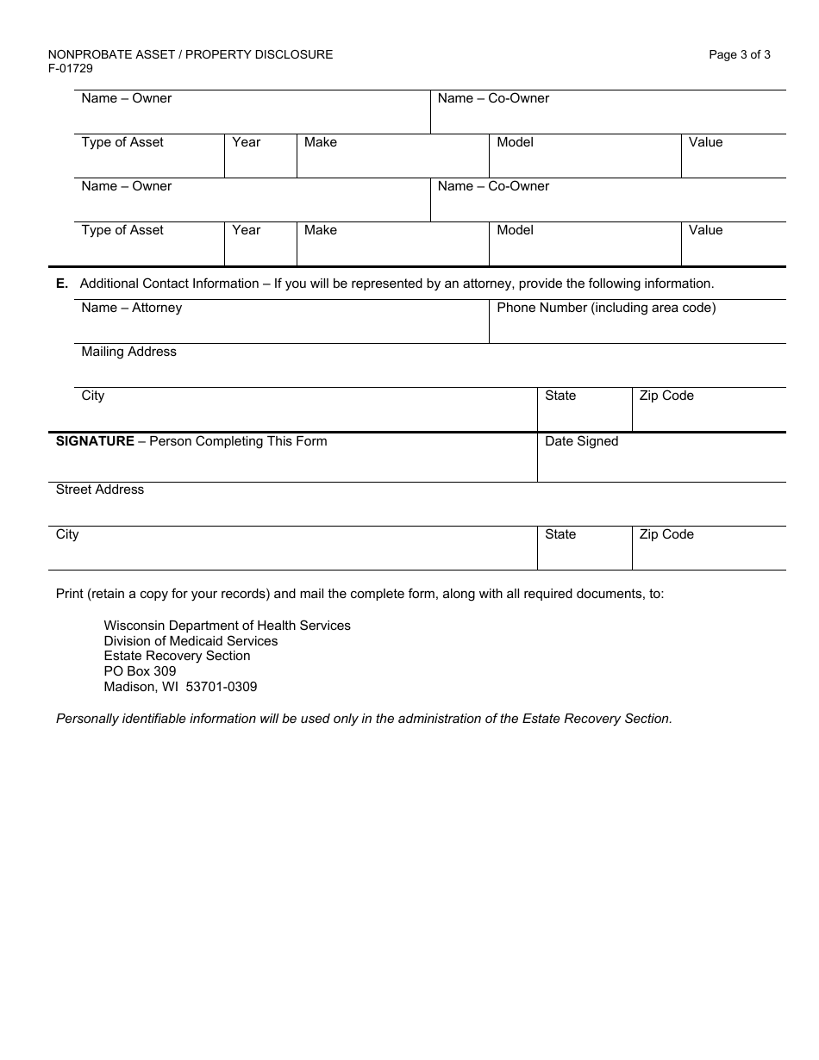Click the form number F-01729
[x=71, y=68]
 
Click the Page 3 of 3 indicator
[x=739, y=54]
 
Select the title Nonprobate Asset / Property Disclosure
[x=191, y=54]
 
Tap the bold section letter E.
[x=61, y=284]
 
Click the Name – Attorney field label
[x=131, y=308]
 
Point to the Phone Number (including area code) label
[x=606, y=308]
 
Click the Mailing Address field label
[x=128, y=352]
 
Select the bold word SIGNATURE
[x=95, y=441]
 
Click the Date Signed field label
[x=581, y=441]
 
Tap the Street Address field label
[x=100, y=489]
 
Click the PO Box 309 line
[x=140, y=671]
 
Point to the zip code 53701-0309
[x=222, y=687]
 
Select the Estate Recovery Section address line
[x=177, y=656]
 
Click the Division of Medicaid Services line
[x=191, y=641]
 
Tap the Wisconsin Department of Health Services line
[x=227, y=626]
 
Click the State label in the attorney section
[x=560, y=396]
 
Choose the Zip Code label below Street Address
[x=666, y=534]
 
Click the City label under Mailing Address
[x=93, y=396]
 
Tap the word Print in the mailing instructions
[x=71, y=594]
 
